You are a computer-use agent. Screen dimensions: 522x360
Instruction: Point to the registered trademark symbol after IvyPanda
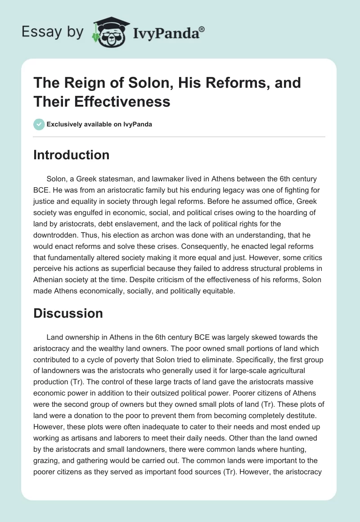(202, 29)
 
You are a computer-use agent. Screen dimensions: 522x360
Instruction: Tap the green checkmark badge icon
(39, 124)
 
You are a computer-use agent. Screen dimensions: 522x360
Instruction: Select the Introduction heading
(71, 155)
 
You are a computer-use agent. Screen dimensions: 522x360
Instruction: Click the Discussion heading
(68, 313)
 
